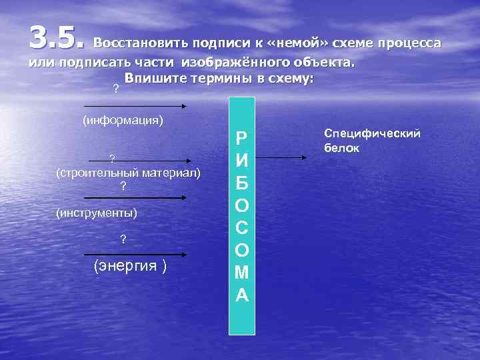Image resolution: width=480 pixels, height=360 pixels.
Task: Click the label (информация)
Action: point(123,121)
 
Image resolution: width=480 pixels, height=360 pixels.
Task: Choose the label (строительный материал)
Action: point(128,173)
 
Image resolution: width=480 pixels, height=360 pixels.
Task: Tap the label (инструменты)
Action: point(97,213)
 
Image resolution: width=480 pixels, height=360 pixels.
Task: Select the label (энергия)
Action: point(130,266)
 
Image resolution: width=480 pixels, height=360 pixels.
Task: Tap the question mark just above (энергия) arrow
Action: point(122,240)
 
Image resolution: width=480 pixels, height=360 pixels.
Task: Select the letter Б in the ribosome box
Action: point(242,183)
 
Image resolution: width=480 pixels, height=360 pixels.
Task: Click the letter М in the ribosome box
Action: point(242,272)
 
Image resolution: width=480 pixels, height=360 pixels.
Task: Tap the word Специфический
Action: point(371,134)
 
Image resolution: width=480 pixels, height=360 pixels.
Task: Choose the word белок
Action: point(342,148)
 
